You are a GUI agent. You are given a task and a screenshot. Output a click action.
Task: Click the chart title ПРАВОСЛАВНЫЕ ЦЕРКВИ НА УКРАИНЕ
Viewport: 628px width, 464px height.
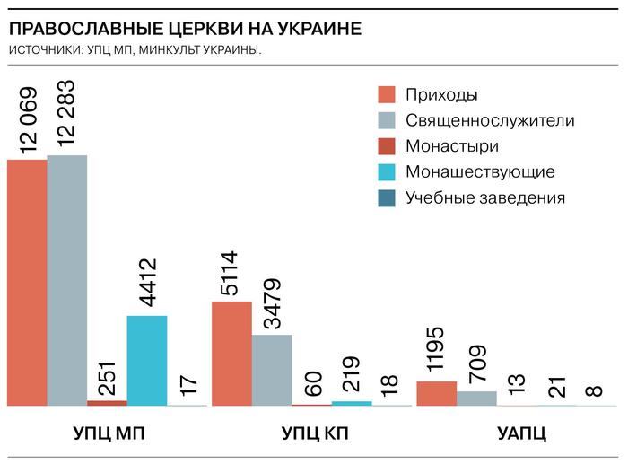[185, 29]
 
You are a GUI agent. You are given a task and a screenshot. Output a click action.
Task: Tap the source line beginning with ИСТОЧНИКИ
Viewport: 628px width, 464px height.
[135, 49]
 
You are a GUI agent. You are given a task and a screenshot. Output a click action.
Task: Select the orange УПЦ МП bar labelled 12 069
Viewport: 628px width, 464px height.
[27, 282]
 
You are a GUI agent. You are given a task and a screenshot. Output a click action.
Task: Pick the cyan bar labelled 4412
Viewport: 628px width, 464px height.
[147, 360]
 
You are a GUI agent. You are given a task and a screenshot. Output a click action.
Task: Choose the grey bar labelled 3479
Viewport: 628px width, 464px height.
[272, 370]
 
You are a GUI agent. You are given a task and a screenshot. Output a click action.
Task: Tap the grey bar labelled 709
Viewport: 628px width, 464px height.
[476, 398]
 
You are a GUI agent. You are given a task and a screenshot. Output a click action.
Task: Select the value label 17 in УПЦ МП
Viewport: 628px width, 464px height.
[188, 383]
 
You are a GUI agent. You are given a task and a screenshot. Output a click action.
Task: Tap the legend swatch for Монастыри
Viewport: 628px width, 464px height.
[387, 146]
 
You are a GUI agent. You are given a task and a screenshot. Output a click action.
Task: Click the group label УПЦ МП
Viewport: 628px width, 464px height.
[109, 434]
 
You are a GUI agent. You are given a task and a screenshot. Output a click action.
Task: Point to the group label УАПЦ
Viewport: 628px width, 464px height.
[522, 434]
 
